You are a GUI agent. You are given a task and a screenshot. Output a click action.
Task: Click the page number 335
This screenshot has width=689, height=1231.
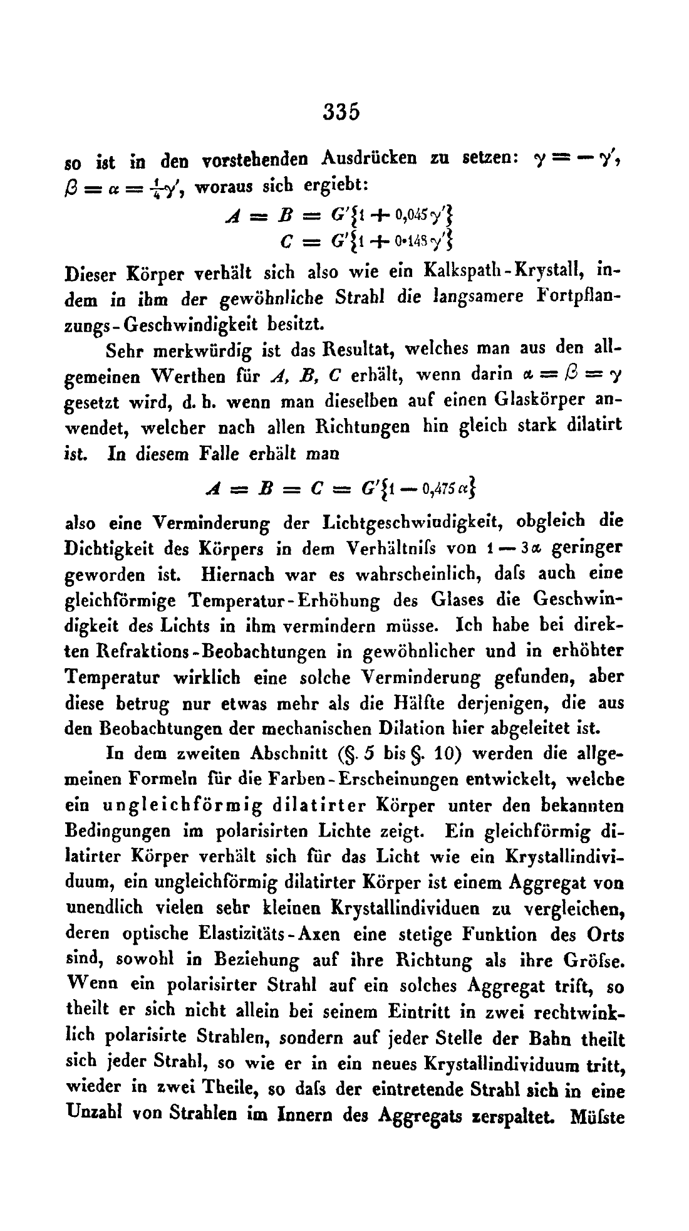click(343, 112)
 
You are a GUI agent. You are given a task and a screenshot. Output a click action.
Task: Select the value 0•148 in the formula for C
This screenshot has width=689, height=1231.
click(391, 240)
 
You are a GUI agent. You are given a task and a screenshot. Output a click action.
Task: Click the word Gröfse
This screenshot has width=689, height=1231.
click(594, 961)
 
